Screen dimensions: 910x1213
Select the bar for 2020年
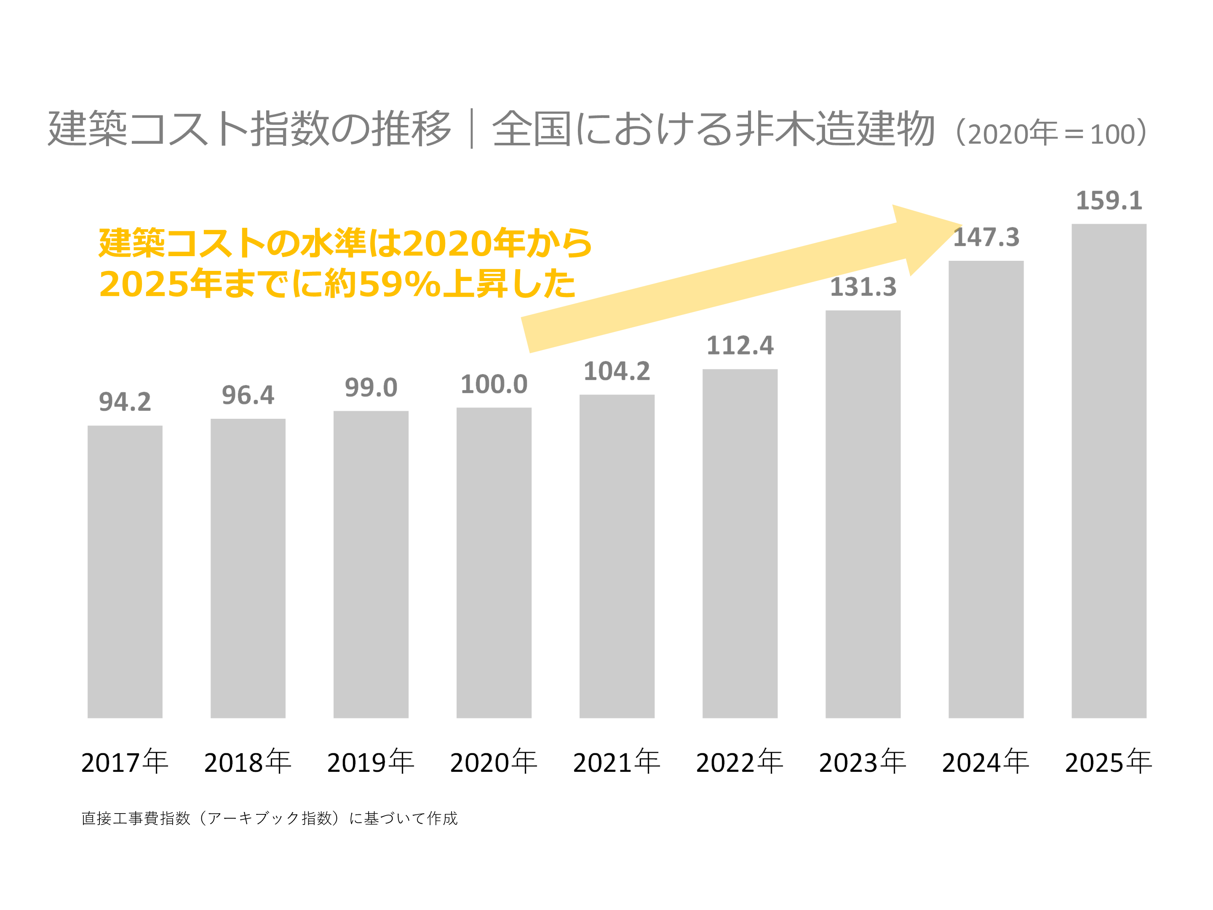coord(494,562)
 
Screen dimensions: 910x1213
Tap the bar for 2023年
coord(863,514)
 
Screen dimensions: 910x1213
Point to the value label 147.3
coord(986,238)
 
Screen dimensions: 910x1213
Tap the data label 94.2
coord(125,402)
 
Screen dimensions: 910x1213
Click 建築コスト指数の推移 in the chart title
coord(249,129)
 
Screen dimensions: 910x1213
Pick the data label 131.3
coord(863,287)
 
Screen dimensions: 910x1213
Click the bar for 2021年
coord(617,556)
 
